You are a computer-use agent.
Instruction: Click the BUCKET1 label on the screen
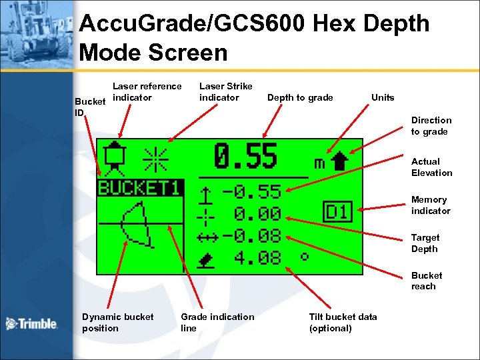tap(139, 188)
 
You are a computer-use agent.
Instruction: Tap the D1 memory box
tap(337, 213)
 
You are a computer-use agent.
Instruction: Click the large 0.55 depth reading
tap(245, 158)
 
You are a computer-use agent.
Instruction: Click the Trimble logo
tap(31, 324)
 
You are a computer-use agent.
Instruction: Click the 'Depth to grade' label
tap(300, 98)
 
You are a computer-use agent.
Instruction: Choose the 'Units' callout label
tap(383, 97)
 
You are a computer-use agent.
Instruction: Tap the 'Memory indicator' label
tap(431, 205)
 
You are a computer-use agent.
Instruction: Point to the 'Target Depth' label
tap(425, 243)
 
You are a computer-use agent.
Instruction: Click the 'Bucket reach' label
tap(427, 281)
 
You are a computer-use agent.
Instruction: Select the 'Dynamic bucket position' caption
tap(117, 323)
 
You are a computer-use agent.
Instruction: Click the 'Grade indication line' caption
tap(217, 323)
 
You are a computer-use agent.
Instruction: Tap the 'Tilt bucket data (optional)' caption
tap(343, 323)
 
